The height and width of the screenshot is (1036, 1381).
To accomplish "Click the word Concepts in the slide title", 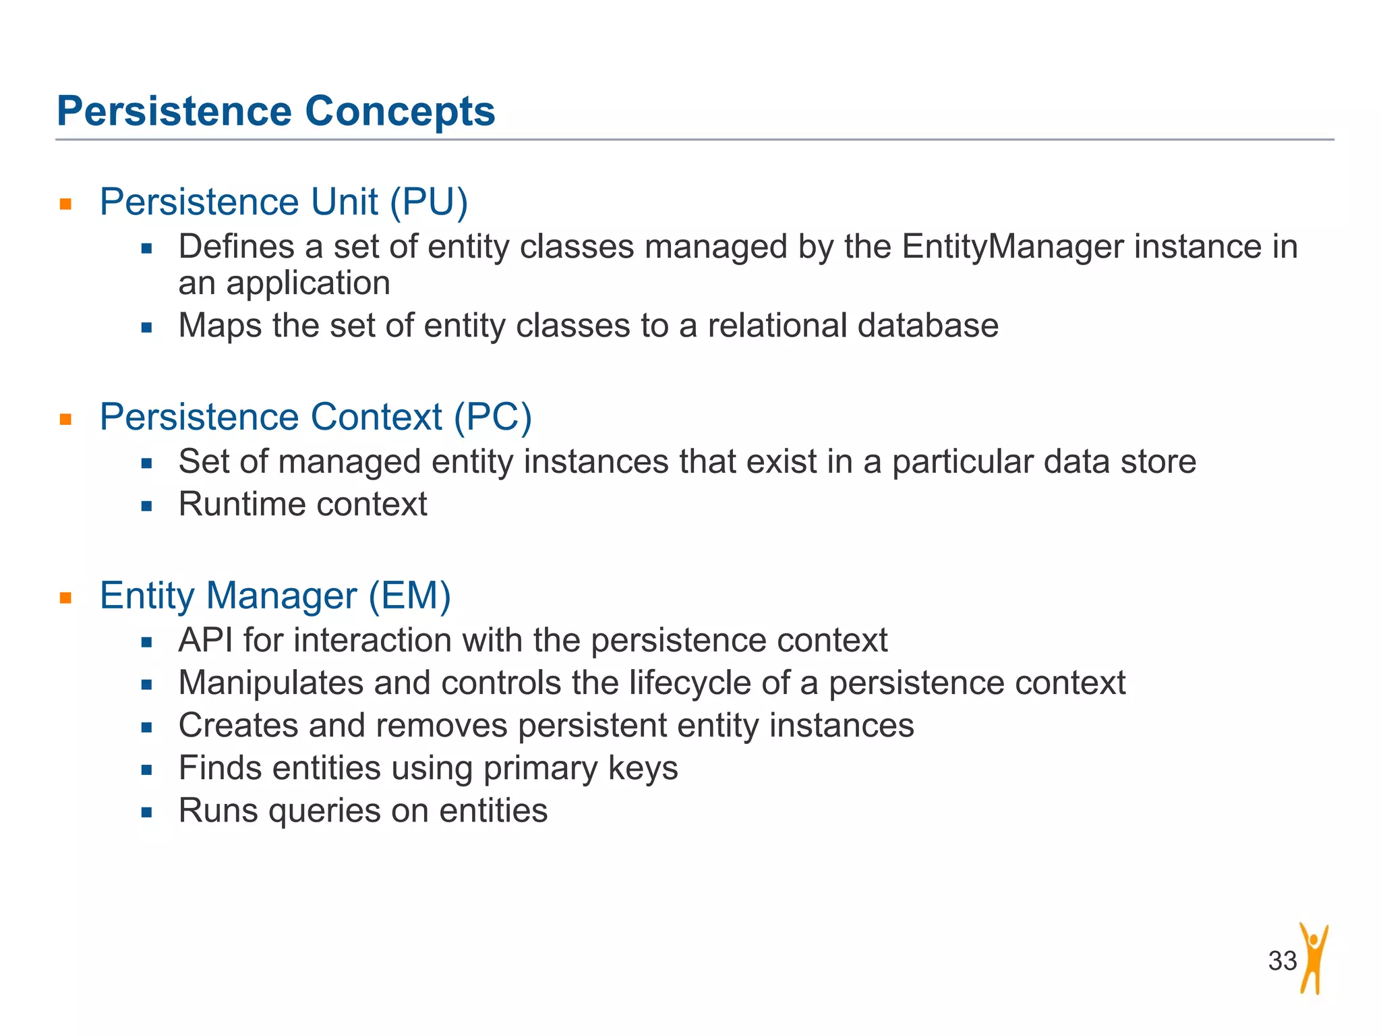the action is click(400, 111).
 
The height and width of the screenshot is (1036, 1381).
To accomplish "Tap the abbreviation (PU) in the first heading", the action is click(429, 202).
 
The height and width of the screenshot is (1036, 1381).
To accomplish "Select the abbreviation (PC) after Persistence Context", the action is click(493, 417).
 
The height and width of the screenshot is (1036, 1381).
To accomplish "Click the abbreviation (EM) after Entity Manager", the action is click(409, 596).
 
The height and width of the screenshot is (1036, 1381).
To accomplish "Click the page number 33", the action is click(1282, 960).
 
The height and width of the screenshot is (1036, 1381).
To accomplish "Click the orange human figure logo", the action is click(1314, 958).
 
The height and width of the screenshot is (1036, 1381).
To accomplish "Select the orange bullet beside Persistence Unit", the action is click(65, 204).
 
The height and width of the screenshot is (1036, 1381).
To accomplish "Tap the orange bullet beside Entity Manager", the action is click(65, 598).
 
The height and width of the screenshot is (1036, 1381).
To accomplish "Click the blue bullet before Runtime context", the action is click(147, 506).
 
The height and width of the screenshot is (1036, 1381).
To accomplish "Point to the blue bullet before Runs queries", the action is click(147, 812).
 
